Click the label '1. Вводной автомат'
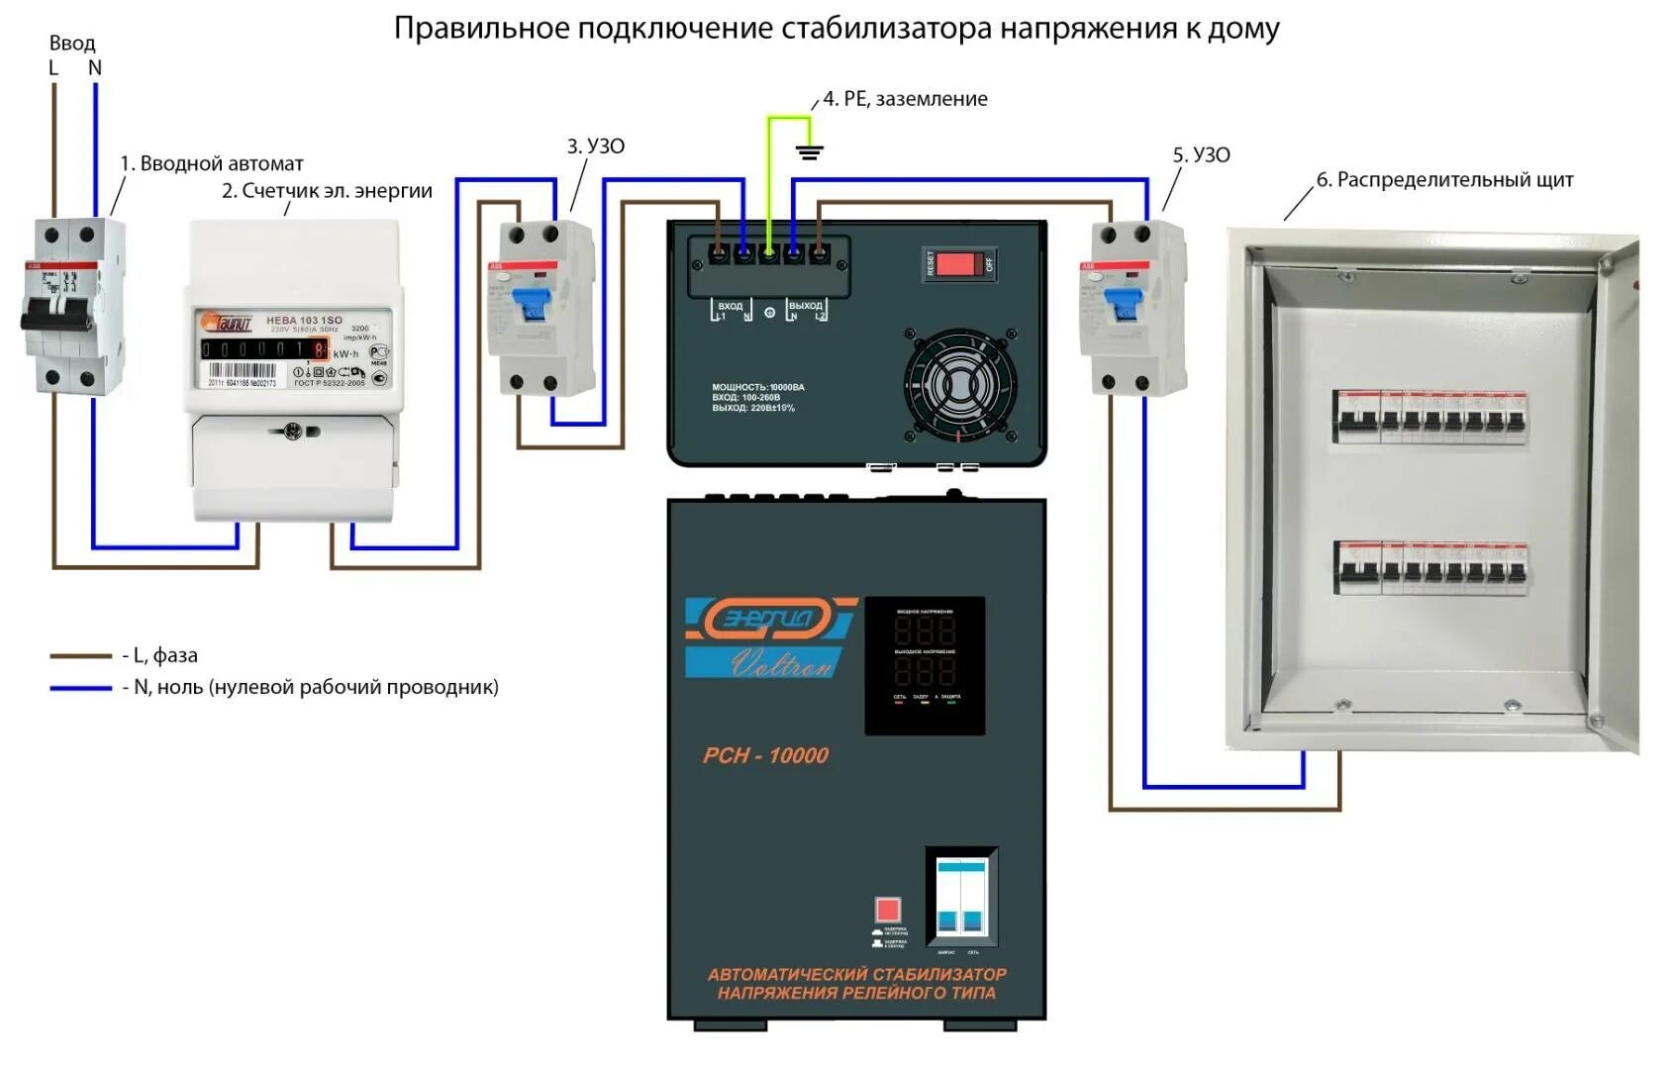pyautogui.click(x=212, y=163)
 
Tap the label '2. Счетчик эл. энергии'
pyautogui.click(x=327, y=190)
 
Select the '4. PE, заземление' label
pyautogui.click(x=905, y=99)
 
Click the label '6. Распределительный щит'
pyautogui.click(x=1444, y=180)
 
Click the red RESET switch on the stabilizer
pyautogui.click(x=958, y=263)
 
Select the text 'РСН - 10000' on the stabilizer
pyautogui.click(x=765, y=755)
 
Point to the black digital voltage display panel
pyautogui.click(x=925, y=664)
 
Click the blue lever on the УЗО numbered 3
pyautogui.click(x=532, y=303)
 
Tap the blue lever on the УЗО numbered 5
pyautogui.click(x=1124, y=303)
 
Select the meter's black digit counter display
pyautogui.click(x=263, y=349)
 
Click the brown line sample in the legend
pyautogui.click(x=80, y=655)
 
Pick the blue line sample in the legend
pyautogui.click(x=80, y=687)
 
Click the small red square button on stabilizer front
pyautogui.click(x=887, y=909)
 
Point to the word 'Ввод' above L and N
pyautogui.click(x=72, y=44)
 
